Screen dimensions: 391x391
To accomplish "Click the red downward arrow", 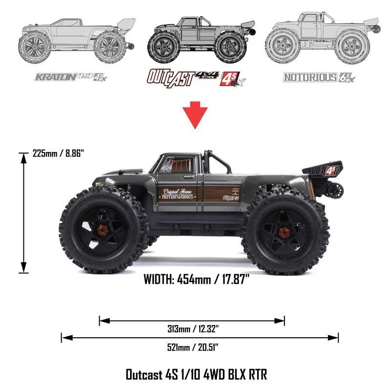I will click(x=195, y=116).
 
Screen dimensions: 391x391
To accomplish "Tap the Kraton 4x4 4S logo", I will click(x=70, y=77).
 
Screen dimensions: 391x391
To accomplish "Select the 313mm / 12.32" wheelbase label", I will click(x=192, y=329).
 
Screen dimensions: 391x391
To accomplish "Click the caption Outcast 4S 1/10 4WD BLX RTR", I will click(x=196, y=375).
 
